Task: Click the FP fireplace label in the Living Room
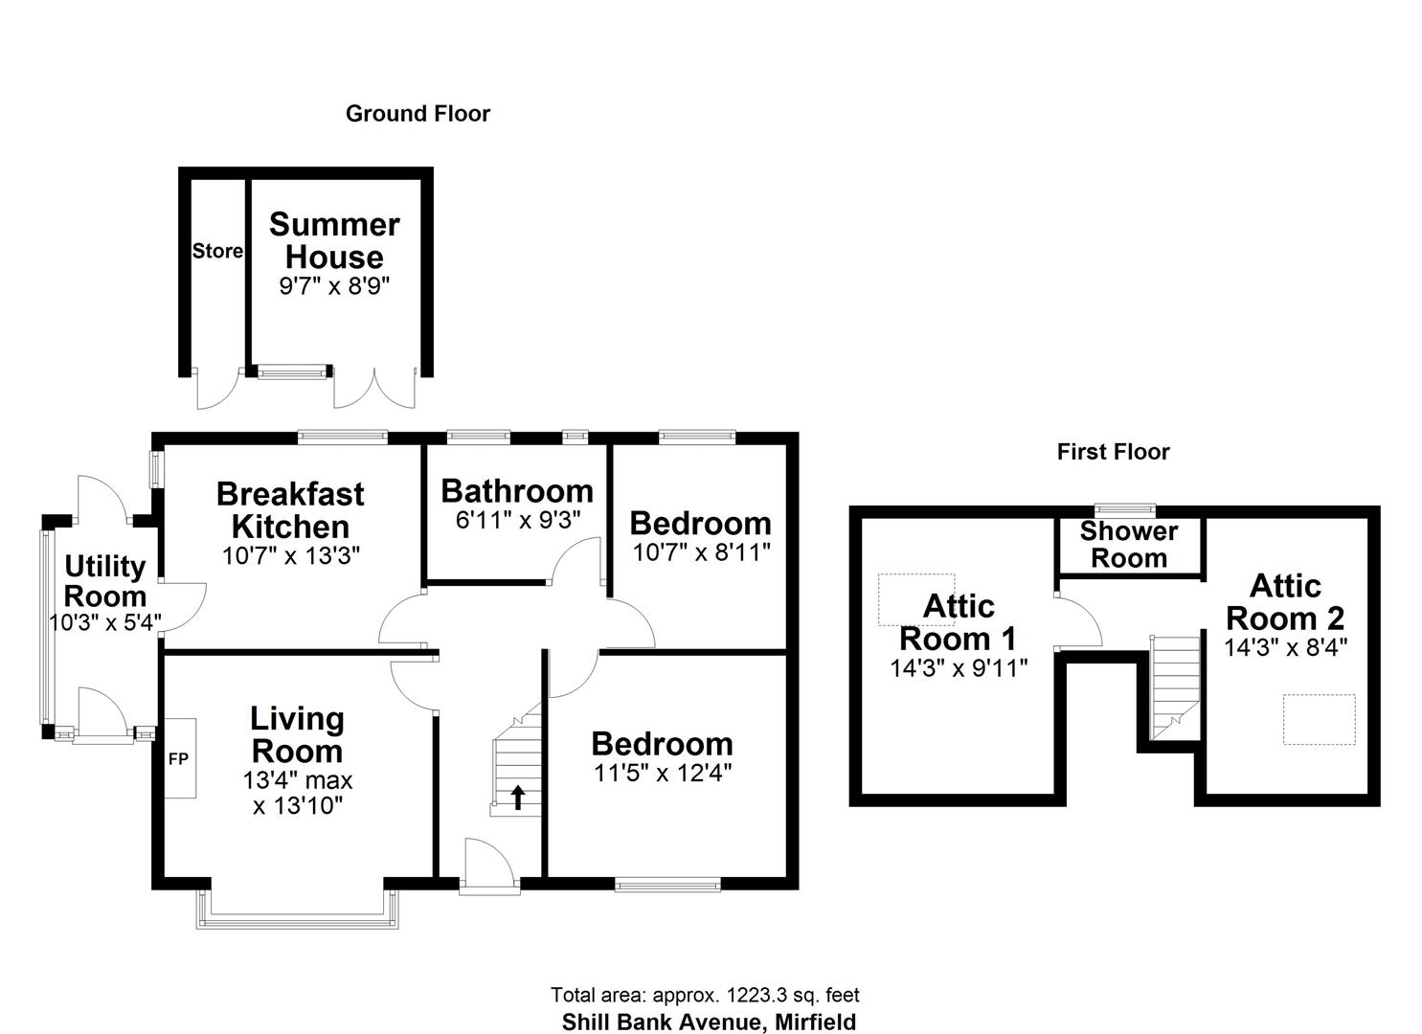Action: pos(178,759)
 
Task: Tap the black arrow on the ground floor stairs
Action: pos(518,797)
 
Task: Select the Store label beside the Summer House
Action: pos(217,251)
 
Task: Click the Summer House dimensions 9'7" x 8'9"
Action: pos(334,286)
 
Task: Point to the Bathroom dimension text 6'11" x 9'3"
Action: pos(518,520)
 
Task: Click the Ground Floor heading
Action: pos(418,114)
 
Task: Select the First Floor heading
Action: pos(1113,452)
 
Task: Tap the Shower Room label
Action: pos(1129,545)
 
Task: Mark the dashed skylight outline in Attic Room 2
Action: pos(1320,719)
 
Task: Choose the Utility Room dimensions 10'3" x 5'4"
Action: pos(104,621)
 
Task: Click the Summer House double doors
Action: pos(375,388)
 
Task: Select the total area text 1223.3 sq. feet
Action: pos(705,996)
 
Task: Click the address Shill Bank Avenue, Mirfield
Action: pos(709,1023)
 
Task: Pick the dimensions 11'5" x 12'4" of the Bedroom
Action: pos(663,773)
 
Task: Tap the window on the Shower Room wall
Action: pos(1125,510)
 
